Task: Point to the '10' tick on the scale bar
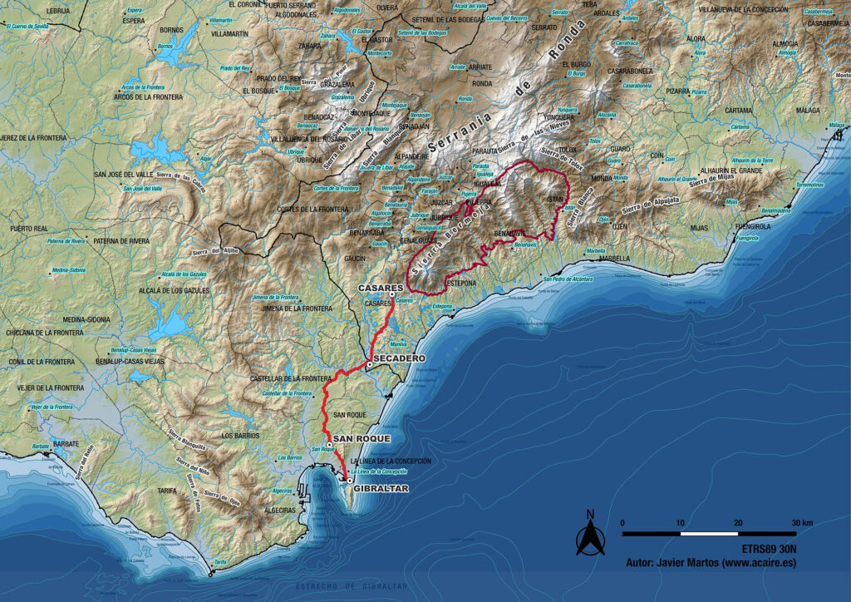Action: [681, 522]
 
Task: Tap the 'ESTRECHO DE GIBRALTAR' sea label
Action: [352, 587]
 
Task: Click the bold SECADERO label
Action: [400, 358]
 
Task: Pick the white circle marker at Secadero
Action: [369, 364]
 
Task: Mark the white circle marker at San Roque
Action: [330, 446]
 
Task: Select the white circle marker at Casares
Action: [391, 294]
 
